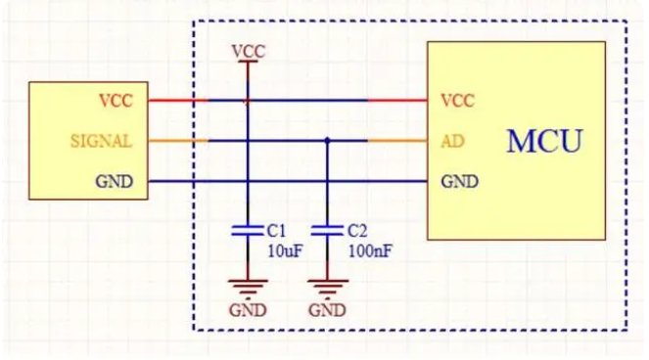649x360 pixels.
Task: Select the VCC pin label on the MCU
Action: click(457, 100)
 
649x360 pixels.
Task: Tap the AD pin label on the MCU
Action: click(452, 141)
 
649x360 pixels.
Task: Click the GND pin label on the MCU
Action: click(459, 181)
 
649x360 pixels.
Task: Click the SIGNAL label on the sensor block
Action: click(101, 141)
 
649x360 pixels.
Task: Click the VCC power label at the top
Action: click(248, 50)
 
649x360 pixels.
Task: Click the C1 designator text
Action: click(275, 231)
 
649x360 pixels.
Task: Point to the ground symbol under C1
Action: click(247, 288)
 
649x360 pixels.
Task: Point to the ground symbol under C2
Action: click(327, 288)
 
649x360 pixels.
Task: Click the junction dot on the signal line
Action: click(327, 141)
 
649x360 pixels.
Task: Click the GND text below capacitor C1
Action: click(247, 311)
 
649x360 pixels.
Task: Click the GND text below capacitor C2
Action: click(327, 311)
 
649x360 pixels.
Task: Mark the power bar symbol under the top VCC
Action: click(248, 63)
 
